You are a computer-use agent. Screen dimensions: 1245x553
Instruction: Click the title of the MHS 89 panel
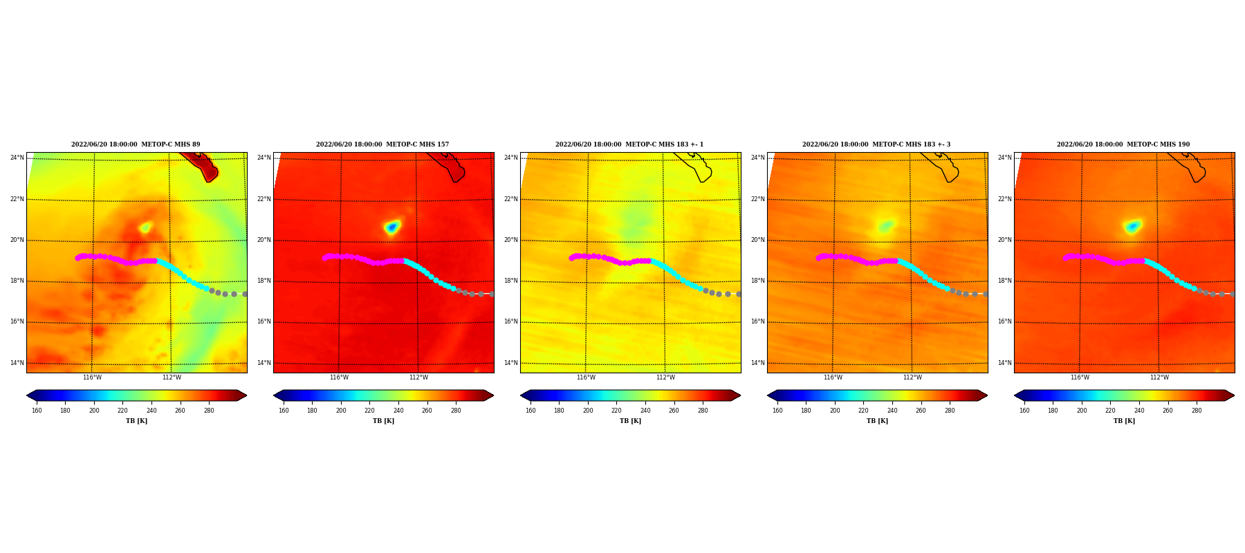tap(136, 144)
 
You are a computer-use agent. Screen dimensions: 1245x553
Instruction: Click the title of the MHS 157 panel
tap(382, 144)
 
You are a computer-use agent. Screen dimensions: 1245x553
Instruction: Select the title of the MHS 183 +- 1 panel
tap(629, 144)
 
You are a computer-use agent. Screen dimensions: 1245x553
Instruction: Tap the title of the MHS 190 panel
tap(1123, 144)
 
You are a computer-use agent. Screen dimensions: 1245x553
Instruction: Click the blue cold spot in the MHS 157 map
tap(392, 227)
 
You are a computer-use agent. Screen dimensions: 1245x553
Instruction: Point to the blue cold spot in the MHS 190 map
tap(1132, 226)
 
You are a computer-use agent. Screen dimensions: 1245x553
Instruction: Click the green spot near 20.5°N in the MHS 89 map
tap(145, 227)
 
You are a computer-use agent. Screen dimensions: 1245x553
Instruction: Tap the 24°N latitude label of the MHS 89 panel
tap(17, 158)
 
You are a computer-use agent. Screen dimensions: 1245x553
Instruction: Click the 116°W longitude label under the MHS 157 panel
tap(339, 377)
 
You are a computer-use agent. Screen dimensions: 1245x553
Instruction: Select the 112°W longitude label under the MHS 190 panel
tap(1159, 377)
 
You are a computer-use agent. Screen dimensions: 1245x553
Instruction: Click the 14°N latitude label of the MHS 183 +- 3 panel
tap(757, 363)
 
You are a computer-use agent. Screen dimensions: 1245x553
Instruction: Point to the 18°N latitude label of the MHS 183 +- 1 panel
tap(510, 281)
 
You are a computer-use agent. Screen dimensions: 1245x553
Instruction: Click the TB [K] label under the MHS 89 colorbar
tap(136, 421)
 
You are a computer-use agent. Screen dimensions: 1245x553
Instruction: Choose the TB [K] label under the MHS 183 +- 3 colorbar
tap(877, 421)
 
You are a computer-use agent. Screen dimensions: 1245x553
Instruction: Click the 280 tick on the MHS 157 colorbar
tap(456, 411)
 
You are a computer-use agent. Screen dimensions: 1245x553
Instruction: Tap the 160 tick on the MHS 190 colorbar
tap(1024, 411)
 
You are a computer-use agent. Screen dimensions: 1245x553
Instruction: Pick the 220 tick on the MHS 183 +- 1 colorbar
tap(616, 411)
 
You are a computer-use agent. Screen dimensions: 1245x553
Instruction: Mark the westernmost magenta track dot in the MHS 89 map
tap(77, 258)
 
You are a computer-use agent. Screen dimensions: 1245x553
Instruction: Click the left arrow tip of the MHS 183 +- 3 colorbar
tap(768, 395)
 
